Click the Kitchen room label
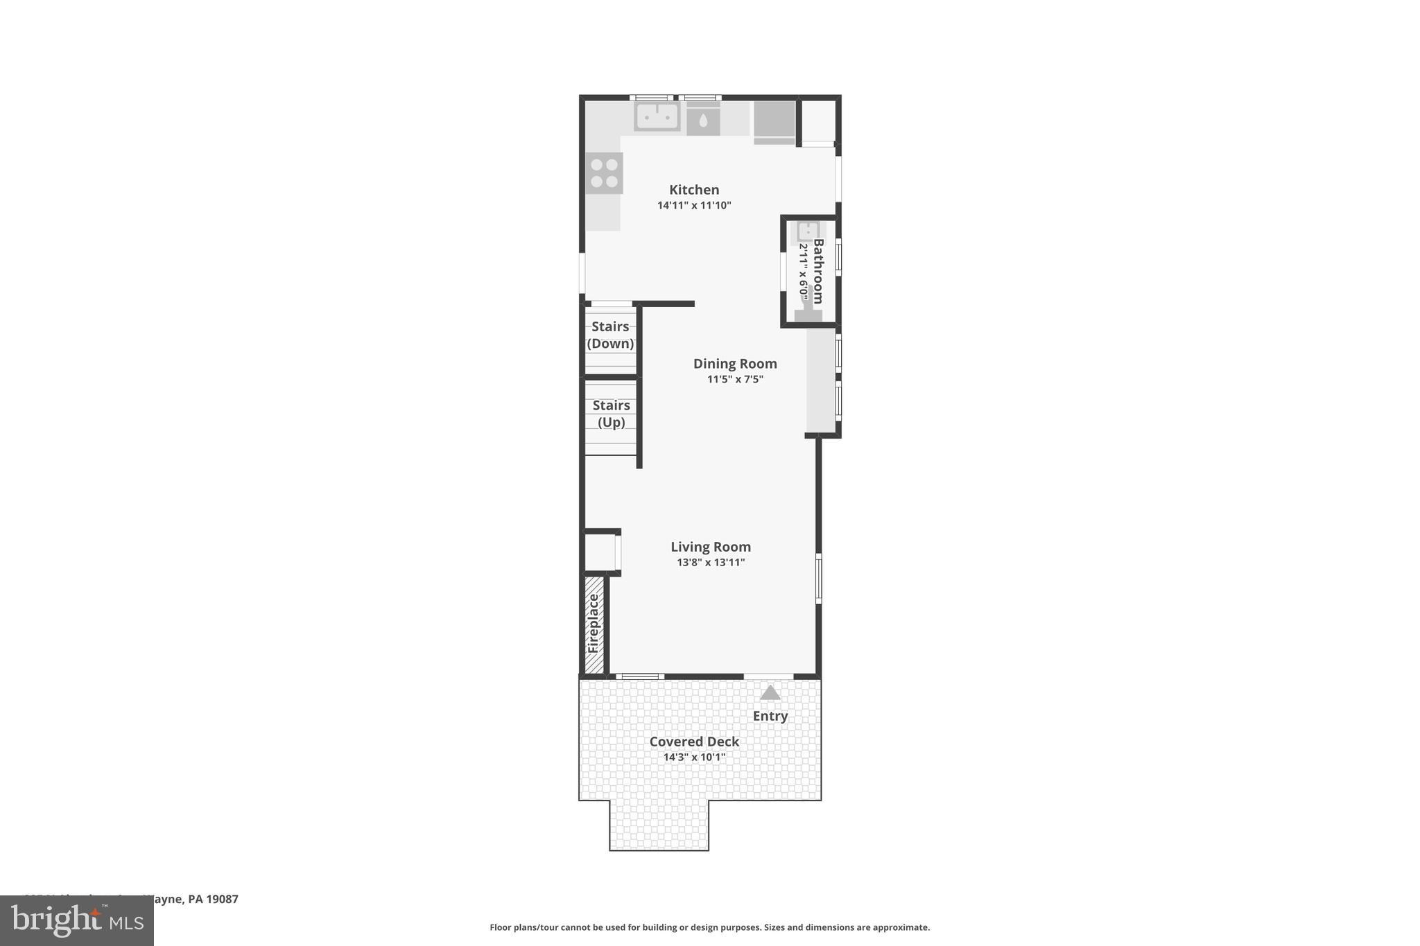click(694, 189)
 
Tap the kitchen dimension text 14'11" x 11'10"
click(694, 205)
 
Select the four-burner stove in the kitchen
click(605, 173)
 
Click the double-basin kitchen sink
click(657, 116)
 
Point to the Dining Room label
click(735, 363)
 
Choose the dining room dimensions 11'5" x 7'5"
click(735, 379)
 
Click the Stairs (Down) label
click(610, 335)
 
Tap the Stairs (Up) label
click(611, 414)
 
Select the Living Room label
click(711, 546)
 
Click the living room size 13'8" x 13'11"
click(711, 562)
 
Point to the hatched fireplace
click(594, 624)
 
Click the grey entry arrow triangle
click(770, 692)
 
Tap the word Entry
click(770, 716)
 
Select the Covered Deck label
click(694, 741)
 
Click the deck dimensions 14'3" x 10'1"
click(694, 757)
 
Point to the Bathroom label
click(818, 271)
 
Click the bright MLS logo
click(76, 920)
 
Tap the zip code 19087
click(222, 899)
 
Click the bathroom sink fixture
click(808, 231)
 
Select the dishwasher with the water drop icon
click(703, 121)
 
